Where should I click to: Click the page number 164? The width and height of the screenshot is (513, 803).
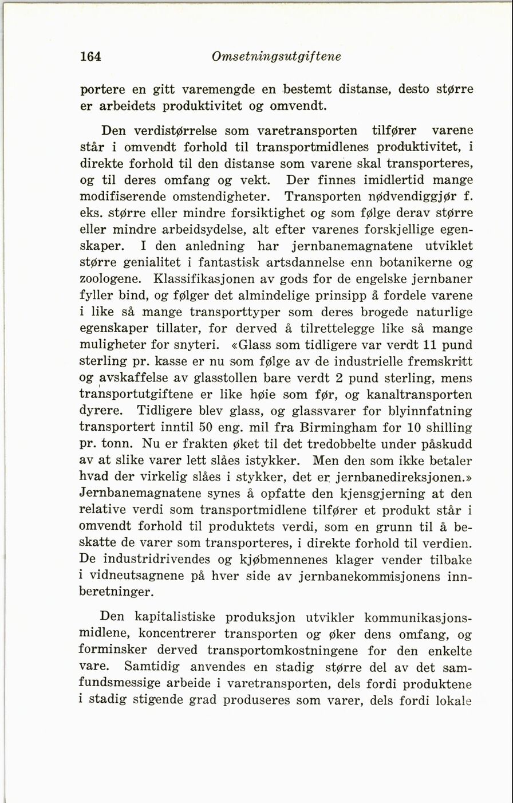click(x=90, y=57)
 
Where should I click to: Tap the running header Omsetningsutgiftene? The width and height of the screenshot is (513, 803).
click(x=276, y=57)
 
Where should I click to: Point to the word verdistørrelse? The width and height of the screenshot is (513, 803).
click(x=191, y=131)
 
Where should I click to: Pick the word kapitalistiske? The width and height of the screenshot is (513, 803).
click(x=175, y=619)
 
